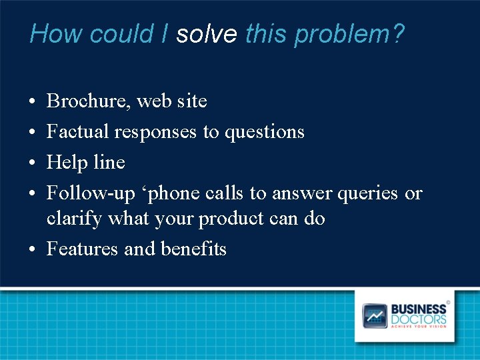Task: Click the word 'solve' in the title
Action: (206, 33)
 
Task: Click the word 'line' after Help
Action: (109, 163)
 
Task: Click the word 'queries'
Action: (368, 193)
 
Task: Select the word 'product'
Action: (230, 219)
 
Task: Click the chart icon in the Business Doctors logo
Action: (375, 316)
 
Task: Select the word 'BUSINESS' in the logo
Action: (418, 309)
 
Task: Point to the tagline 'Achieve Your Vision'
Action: (418, 326)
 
